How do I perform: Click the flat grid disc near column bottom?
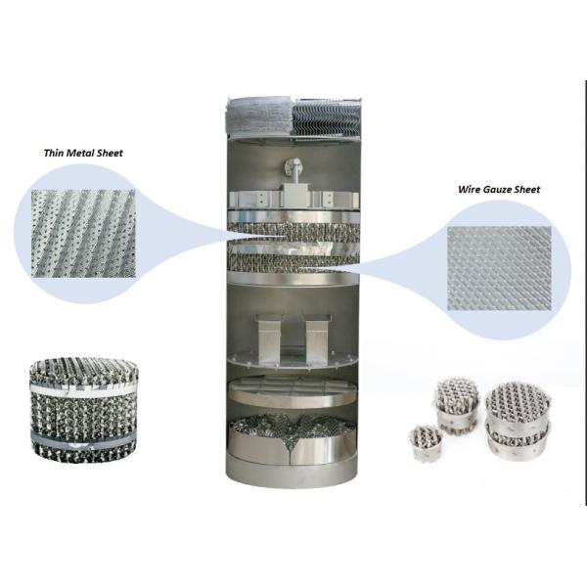(x=293, y=392)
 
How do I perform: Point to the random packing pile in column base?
(x=293, y=435)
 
